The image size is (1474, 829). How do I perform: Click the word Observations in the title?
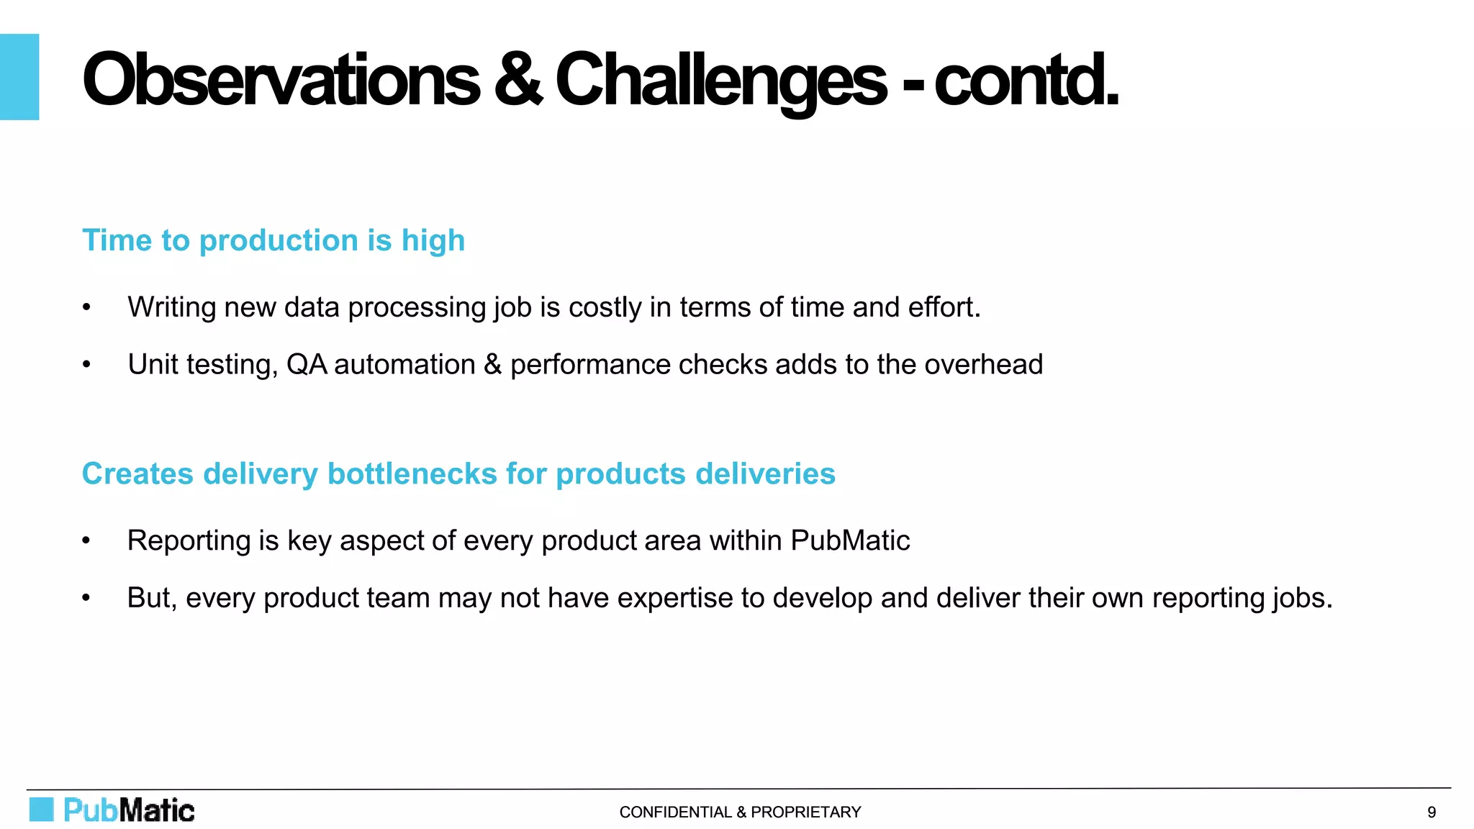[281, 80]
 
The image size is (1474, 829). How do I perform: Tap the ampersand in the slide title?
[517, 80]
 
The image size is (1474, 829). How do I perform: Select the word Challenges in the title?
[720, 81]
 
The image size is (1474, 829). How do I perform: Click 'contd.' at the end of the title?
[1026, 81]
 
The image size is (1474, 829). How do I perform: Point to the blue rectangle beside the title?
[19, 77]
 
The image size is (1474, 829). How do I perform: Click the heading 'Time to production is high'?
[273, 240]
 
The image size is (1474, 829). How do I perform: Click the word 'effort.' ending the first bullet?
[944, 308]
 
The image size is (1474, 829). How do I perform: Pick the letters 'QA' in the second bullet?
[306, 365]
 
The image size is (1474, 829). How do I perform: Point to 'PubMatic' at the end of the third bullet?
[850, 541]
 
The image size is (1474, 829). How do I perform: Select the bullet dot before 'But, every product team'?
[86, 598]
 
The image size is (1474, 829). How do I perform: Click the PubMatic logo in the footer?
[112, 810]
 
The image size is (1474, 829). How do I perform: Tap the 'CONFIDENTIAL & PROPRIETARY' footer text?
[740, 812]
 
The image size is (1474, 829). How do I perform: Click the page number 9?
[1432, 812]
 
